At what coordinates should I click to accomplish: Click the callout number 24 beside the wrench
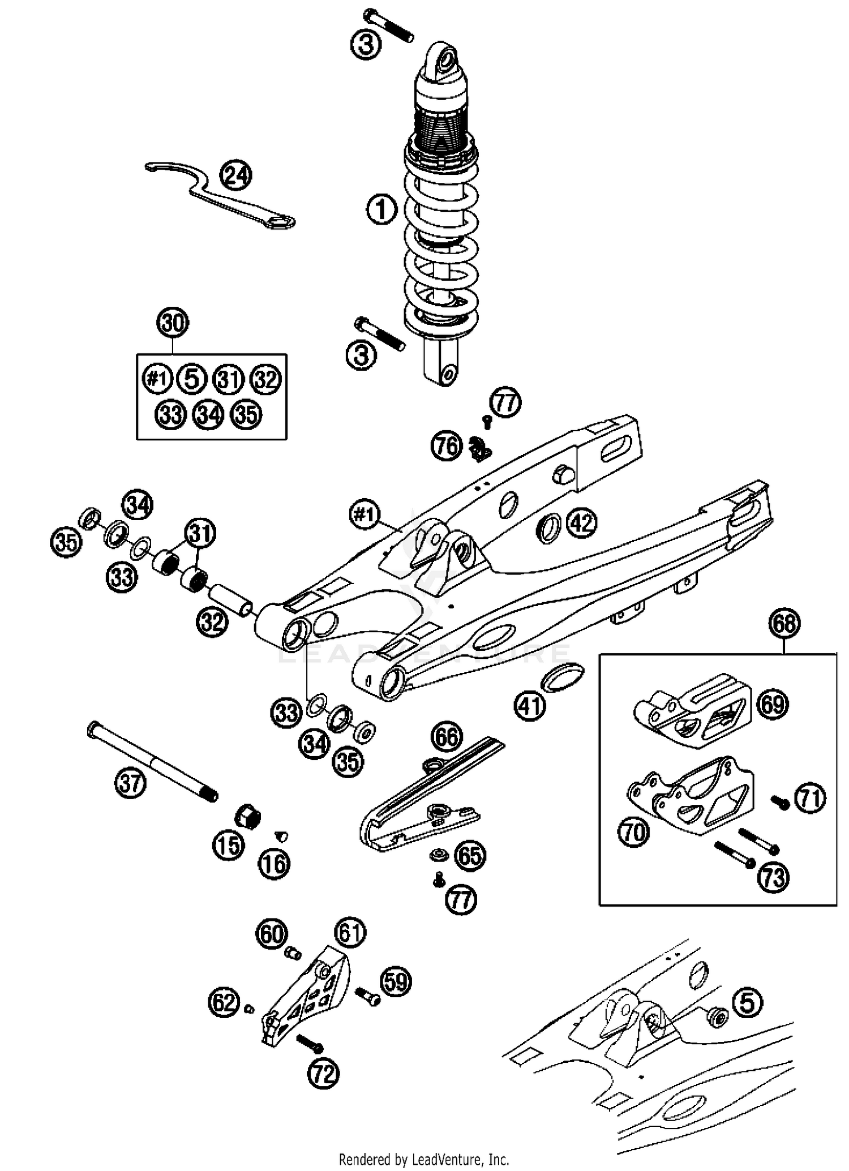click(235, 175)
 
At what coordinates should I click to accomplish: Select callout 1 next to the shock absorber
click(381, 209)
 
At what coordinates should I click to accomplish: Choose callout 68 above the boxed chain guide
click(784, 624)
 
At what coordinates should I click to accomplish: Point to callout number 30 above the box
click(173, 323)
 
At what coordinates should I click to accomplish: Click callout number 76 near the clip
click(447, 447)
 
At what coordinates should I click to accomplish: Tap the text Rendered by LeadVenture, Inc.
click(424, 1159)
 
